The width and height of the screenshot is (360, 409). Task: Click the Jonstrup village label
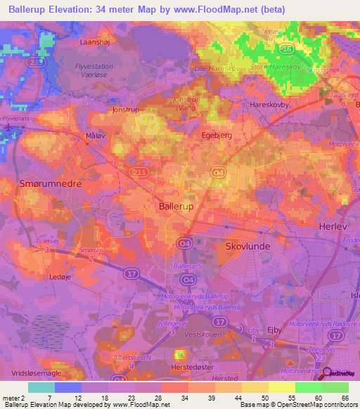click(126, 110)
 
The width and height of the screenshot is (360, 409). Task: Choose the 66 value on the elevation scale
click(345, 398)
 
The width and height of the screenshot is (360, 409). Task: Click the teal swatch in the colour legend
click(41, 387)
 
